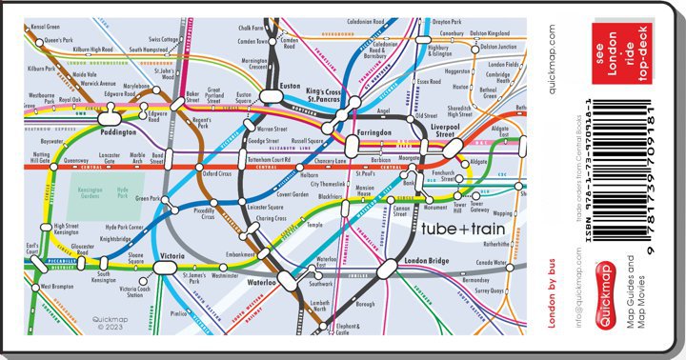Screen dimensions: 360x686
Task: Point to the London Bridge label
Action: tap(426, 261)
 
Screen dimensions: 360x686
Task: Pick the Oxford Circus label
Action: tap(217, 174)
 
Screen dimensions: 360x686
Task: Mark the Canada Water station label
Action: tap(492, 262)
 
